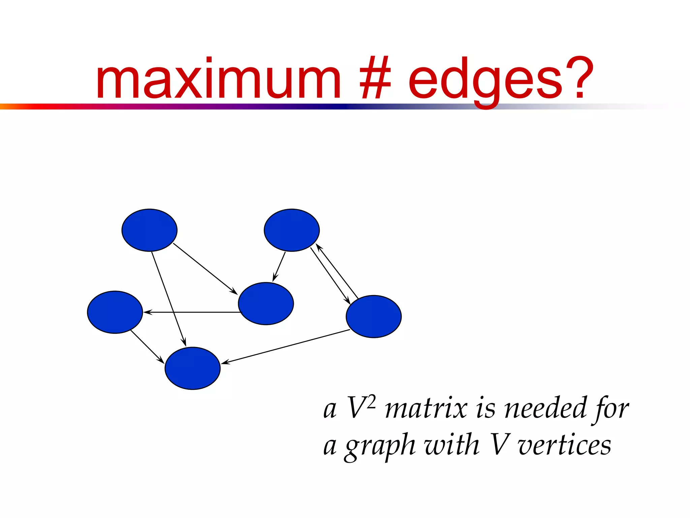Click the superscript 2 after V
pyautogui.click(x=371, y=402)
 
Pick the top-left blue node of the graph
pyautogui.click(x=149, y=230)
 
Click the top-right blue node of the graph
pyautogui.click(x=292, y=230)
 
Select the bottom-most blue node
pyautogui.click(x=192, y=368)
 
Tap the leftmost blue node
pyautogui.click(x=115, y=312)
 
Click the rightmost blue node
pyautogui.click(x=374, y=316)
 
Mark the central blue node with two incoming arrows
pyautogui.click(x=266, y=304)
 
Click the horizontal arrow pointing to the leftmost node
pyautogui.click(x=192, y=312)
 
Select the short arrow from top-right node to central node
pyautogui.click(x=279, y=266)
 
